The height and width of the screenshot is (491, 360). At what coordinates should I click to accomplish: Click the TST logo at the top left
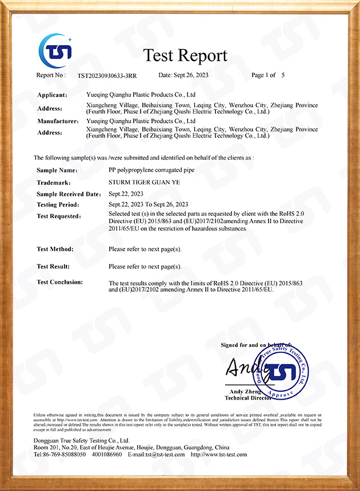coord(55,50)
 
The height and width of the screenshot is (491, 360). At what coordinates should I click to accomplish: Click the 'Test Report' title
coord(185,55)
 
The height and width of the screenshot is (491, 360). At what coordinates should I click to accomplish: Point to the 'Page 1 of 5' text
coord(268,75)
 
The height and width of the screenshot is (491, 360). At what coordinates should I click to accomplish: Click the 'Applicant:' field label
coord(52,95)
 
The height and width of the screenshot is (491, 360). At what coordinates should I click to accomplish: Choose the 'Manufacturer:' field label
coord(58,121)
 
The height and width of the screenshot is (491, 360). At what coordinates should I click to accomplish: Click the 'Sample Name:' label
coord(57,170)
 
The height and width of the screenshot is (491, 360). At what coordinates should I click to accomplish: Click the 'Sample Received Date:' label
coord(66,194)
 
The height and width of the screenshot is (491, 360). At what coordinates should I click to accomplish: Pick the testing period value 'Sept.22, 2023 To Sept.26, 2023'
coord(149,204)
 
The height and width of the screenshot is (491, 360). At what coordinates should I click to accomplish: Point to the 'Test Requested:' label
coord(59,216)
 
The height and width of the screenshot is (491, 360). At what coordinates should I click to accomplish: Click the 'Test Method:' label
coord(55,249)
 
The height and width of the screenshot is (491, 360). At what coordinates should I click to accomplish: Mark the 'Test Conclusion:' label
coord(59,282)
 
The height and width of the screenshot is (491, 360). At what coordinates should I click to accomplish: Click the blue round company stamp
coord(280,372)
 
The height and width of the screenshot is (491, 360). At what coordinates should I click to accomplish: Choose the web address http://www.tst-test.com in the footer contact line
coord(219,454)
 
